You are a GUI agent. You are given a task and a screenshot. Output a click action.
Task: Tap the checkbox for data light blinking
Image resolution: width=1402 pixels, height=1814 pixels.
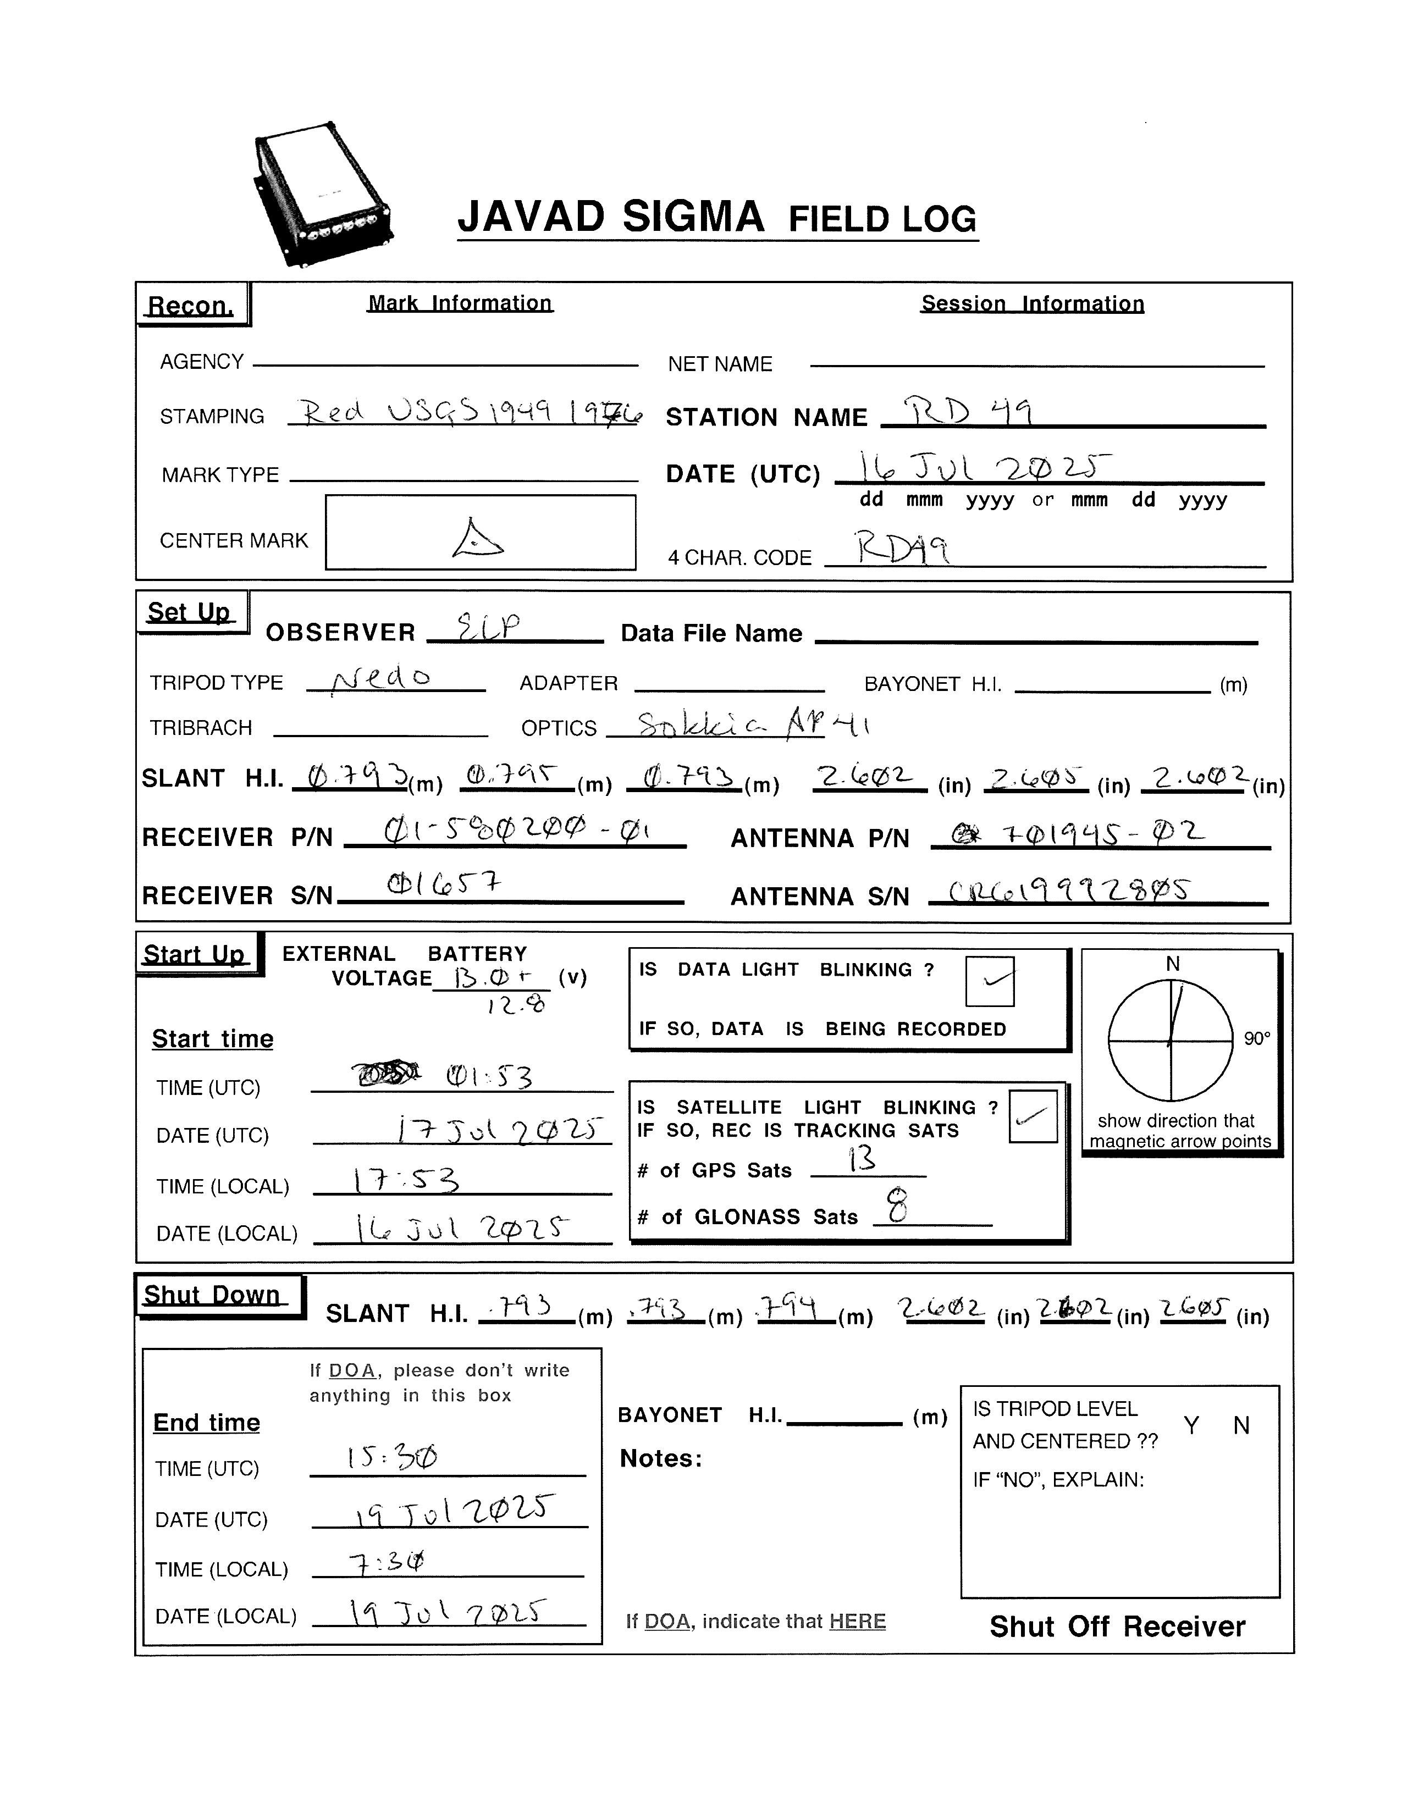point(989,981)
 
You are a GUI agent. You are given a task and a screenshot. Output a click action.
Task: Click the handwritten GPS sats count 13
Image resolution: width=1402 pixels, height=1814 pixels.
point(862,1159)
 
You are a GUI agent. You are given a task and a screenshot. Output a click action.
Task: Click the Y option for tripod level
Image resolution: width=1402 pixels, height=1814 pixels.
point(1191,1426)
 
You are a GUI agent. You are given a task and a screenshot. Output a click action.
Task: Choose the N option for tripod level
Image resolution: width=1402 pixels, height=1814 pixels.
point(1241,1426)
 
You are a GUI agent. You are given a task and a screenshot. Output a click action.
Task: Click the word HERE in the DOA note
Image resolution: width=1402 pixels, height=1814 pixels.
point(857,1621)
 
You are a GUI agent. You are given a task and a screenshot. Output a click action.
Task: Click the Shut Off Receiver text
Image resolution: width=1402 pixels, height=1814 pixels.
point(1117,1627)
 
